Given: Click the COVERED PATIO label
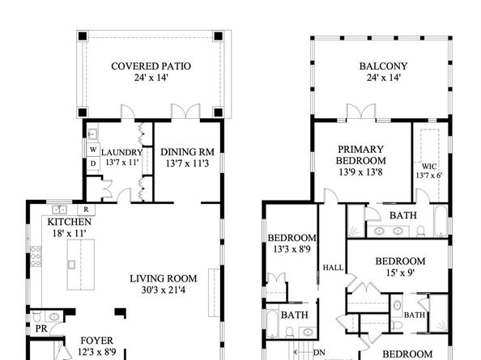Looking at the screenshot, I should pyautogui.click(x=151, y=66).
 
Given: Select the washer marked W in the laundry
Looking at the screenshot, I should pyautogui.click(x=92, y=150).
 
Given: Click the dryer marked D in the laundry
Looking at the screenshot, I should pyautogui.click(x=92, y=163).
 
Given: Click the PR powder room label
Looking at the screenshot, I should pyautogui.click(x=40, y=329).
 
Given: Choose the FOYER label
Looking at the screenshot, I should pyautogui.click(x=96, y=341).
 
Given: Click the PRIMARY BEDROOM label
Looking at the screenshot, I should pyautogui.click(x=365, y=155).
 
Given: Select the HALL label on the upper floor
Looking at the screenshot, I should pyautogui.click(x=333, y=267).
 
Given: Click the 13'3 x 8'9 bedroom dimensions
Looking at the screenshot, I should pyautogui.click(x=289, y=249).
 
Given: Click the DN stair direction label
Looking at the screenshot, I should pyautogui.click(x=319, y=352).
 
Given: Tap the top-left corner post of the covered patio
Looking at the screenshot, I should pyautogui.click(x=82, y=36).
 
